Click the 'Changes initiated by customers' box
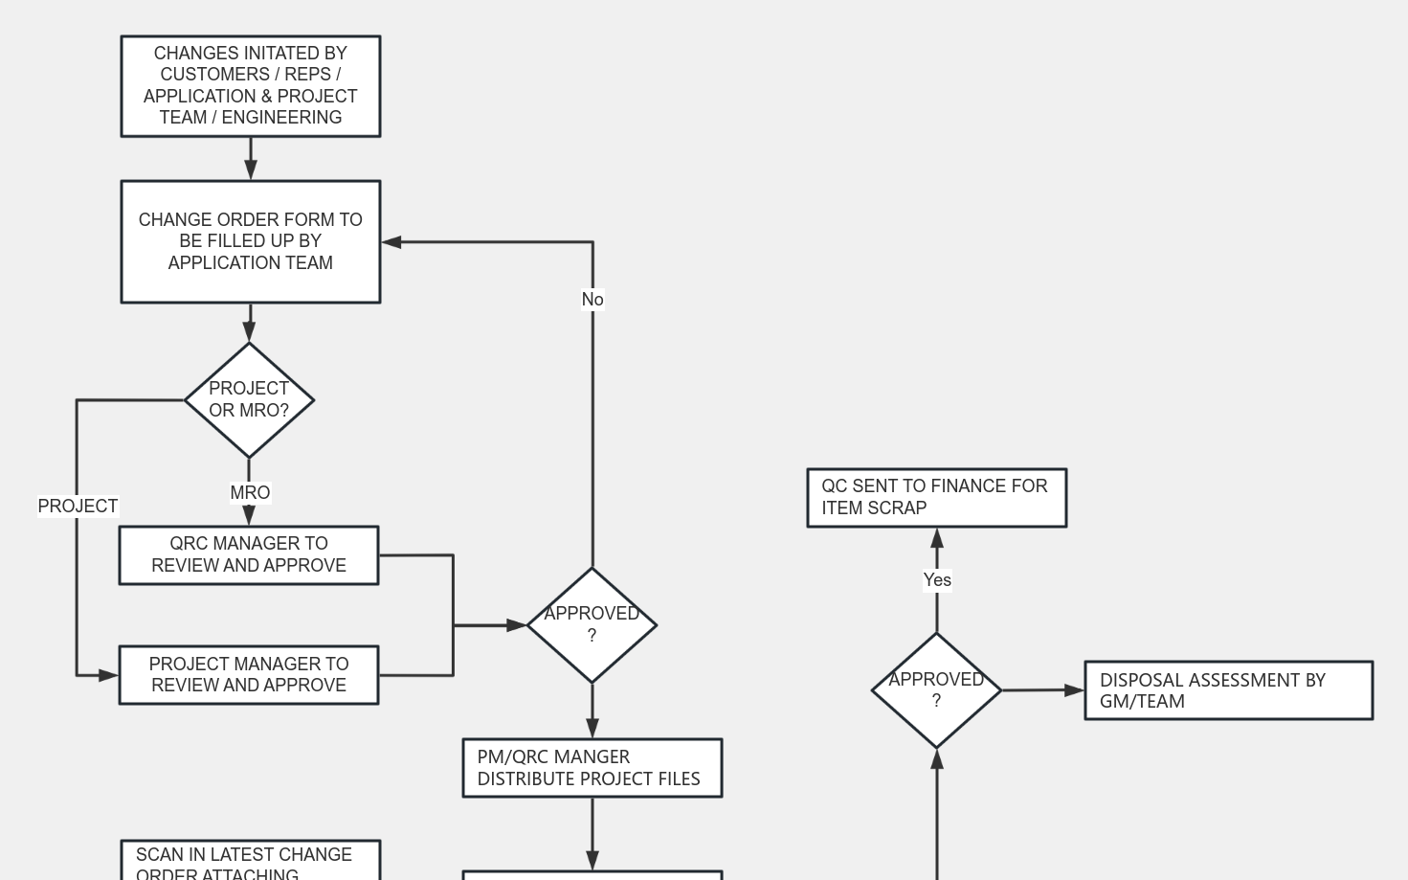click(250, 86)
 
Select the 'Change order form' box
click(250, 241)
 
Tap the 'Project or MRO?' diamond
click(249, 399)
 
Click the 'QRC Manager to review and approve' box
click(249, 554)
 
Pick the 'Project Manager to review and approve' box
click(249, 675)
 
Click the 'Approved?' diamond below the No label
click(592, 624)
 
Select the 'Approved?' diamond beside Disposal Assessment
click(936, 689)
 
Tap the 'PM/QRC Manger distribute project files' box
click(592, 768)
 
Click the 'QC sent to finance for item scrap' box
click(936, 497)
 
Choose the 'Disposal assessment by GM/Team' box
click(1228, 689)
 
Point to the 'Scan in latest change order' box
click(250, 862)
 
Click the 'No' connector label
click(592, 300)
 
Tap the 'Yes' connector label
click(937, 580)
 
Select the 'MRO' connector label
click(250, 493)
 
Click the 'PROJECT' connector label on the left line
click(78, 506)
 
